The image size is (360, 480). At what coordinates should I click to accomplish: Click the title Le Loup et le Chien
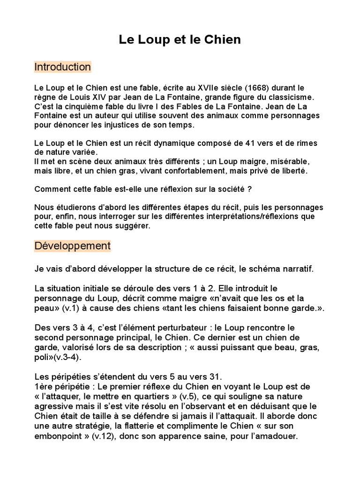tap(180, 40)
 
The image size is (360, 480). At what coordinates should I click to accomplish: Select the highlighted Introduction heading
tap(62, 67)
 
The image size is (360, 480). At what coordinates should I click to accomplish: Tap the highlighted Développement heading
tap(72, 246)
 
